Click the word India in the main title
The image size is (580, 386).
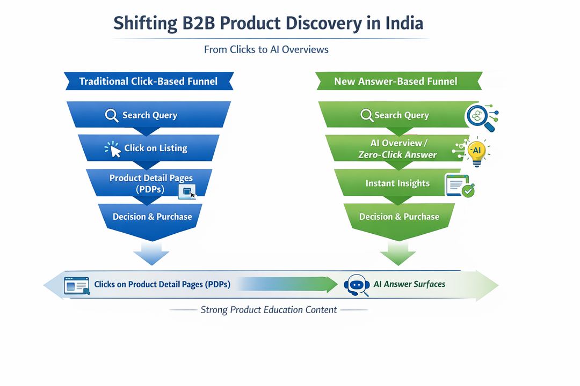pyautogui.click(x=404, y=24)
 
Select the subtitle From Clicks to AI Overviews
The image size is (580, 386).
pyautogui.click(x=266, y=49)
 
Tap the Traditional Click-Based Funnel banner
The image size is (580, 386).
pyautogui.click(x=148, y=81)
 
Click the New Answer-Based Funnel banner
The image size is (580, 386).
pyautogui.click(x=395, y=81)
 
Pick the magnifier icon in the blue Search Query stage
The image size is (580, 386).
pyautogui.click(x=112, y=115)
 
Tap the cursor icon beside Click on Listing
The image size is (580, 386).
pyautogui.click(x=114, y=150)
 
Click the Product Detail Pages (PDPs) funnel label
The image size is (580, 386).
pyautogui.click(x=151, y=183)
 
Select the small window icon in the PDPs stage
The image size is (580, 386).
pyautogui.click(x=188, y=192)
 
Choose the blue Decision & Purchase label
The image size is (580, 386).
pyautogui.click(x=152, y=217)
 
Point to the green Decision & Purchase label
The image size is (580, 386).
pyautogui.click(x=399, y=217)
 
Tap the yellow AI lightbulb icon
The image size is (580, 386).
pyautogui.click(x=476, y=151)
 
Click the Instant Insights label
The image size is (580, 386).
pyautogui.click(x=397, y=183)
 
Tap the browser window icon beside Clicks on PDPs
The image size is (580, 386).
pyautogui.click(x=76, y=285)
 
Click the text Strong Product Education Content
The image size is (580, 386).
pyautogui.click(x=269, y=309)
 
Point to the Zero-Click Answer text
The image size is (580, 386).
pyautogui.click(x=397, y=155)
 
